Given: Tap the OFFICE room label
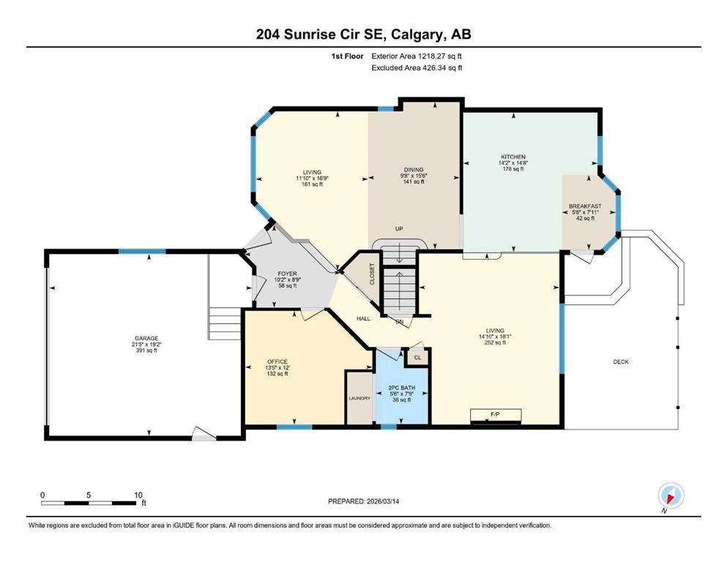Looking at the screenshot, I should (276, 361).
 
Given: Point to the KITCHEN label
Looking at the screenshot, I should (512, 157).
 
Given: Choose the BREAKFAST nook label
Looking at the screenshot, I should (585, 206).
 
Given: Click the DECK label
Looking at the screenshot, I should (621, 361).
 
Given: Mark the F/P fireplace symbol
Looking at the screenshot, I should (496, 415).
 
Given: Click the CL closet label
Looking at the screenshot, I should (417, 357).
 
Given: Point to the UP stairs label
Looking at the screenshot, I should (399, 229).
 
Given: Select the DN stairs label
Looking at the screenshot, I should (399, 321).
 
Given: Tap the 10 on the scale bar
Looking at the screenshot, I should (138, 495).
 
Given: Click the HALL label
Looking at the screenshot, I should (363, 318).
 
